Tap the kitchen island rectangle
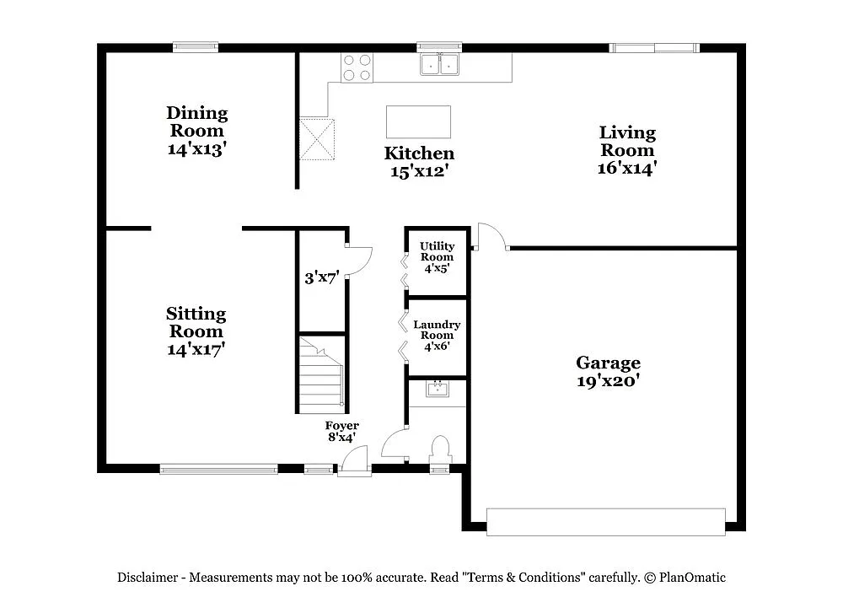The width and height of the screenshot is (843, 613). pos(418,121)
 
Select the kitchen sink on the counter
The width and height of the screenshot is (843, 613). pos(439,64)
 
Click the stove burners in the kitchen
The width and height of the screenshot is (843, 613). pos(357,67)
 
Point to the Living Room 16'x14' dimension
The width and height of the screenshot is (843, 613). pos(626,167)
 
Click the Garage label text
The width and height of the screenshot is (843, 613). pos(608,363)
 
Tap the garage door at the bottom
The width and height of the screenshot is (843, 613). pos(606,521)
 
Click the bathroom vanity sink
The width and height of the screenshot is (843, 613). pos(438,389)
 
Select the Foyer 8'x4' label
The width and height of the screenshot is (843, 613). pos(341,431)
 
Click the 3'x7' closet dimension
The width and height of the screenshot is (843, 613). pos(321,277)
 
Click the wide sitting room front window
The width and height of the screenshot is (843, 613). pos(218,469)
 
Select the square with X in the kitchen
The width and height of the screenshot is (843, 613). pos(318,139)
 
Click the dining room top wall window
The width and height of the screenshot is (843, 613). pos(196,47)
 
